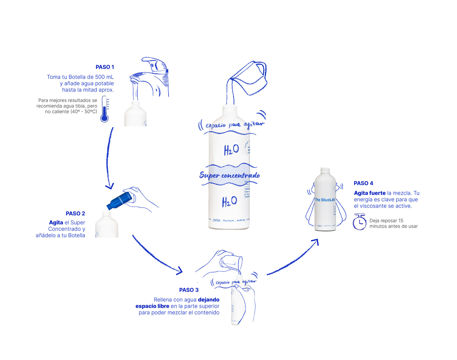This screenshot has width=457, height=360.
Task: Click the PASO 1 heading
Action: coord(105,67)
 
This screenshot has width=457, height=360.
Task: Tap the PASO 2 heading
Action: coord(75,214)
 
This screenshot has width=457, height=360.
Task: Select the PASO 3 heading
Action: coord(189,290)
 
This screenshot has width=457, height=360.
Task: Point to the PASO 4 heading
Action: coord(363,183)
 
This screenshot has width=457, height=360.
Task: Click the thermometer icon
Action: coord(105,109)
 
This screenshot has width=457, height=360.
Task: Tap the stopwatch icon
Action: coord(360,222)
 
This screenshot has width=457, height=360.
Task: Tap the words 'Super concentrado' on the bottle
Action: coord(229,175)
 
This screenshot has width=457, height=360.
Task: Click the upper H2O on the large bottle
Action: coord(231,150)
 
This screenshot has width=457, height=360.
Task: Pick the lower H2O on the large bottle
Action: coord(229,202)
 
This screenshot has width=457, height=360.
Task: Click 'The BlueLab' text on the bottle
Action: coord(325,200)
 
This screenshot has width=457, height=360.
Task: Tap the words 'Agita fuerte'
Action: coord(370,193)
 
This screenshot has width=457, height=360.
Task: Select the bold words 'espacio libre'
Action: coord(152,306)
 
